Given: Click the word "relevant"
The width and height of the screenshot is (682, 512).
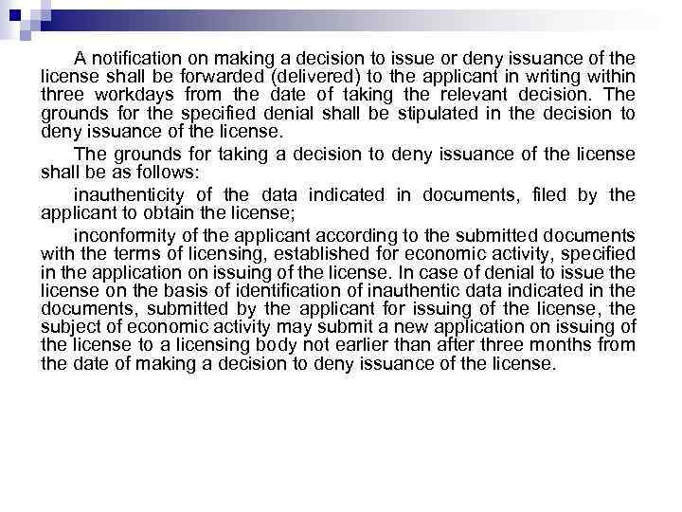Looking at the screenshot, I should pos(469,96).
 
